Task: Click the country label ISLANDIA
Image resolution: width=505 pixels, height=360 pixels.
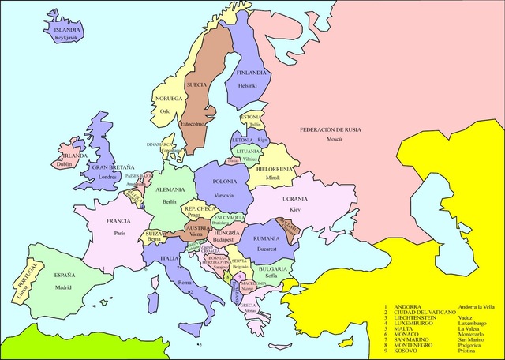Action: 66,29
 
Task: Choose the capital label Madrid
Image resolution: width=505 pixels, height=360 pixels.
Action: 63,287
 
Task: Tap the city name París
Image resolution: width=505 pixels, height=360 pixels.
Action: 119,233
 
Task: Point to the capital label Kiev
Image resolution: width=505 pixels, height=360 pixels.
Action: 295,210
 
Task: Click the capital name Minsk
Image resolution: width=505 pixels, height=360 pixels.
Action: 273,178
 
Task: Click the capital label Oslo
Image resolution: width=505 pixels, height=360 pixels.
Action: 165,111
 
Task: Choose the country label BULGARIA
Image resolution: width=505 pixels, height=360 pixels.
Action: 271,269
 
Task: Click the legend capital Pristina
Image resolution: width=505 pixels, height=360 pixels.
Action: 469,351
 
